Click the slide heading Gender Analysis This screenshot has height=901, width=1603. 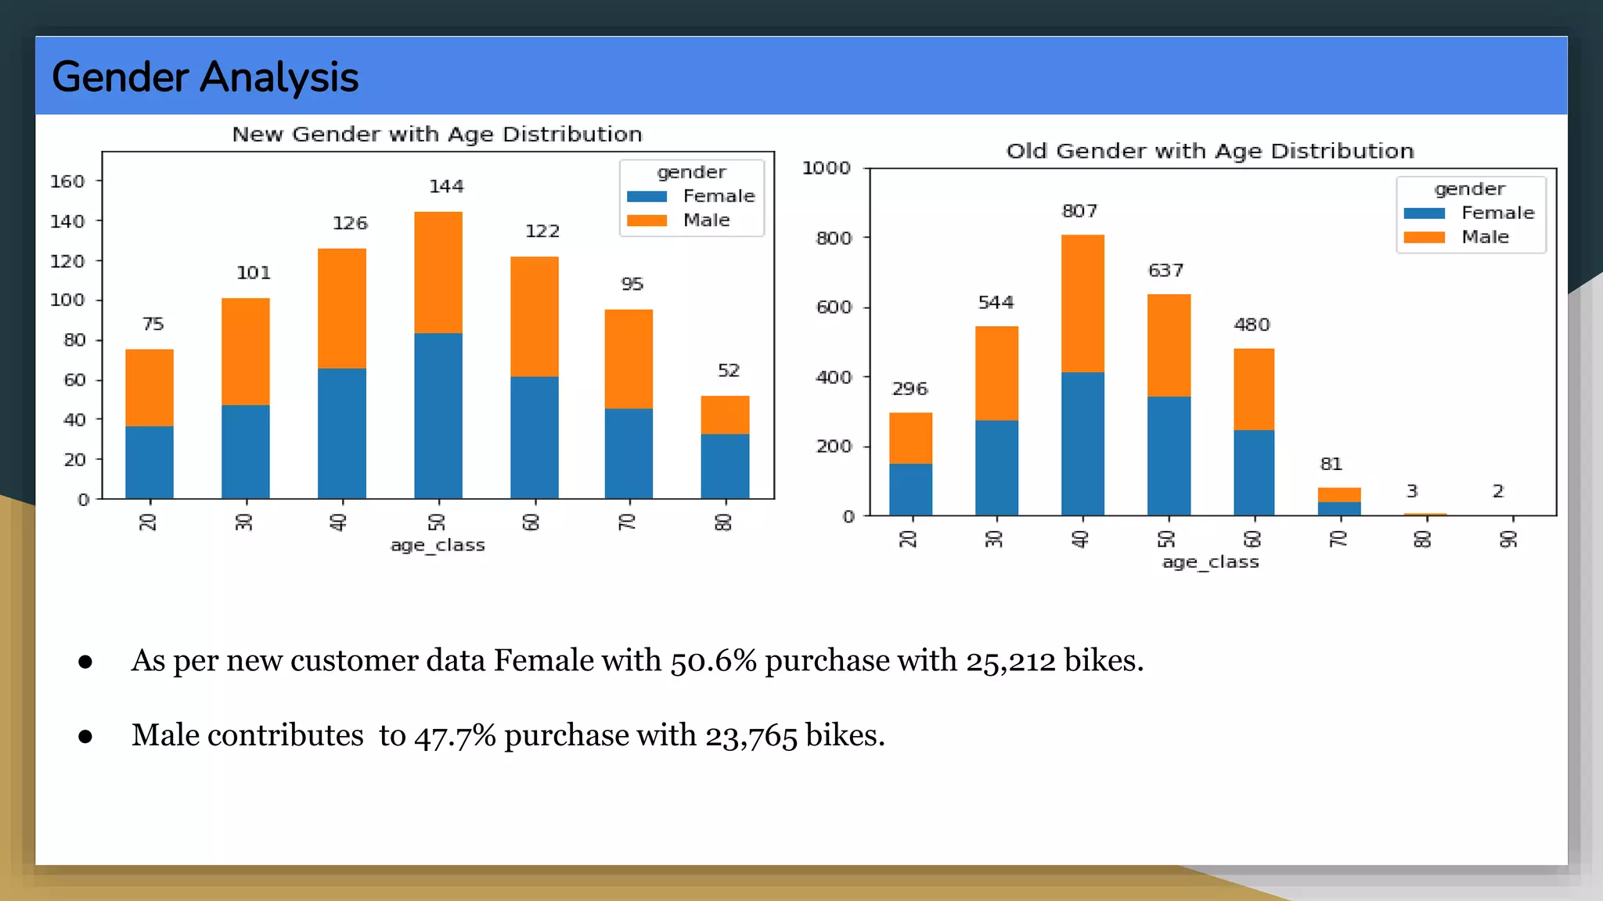point(205,77)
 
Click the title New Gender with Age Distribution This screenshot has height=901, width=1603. point(437,135)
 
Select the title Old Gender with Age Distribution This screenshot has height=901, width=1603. point(1210,151)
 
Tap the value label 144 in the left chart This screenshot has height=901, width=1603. point(446,186)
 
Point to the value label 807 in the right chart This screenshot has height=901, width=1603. point(1079,211)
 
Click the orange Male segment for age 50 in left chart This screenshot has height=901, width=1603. point(438,272)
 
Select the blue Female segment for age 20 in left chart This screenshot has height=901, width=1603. point(149,462)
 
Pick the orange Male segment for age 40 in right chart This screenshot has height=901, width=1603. point(1082,303)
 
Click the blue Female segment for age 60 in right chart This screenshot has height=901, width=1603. point(1254,472)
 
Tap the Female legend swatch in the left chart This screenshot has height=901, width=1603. point(647,196)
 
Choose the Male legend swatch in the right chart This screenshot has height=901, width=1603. point(1424,237)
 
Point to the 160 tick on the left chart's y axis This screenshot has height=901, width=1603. point(67,181)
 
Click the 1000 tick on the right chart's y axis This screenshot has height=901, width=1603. point(826,168)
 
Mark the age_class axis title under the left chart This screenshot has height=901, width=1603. point(438,545)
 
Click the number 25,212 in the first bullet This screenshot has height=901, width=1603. point(1010,661)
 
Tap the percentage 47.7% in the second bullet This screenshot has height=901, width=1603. point(455,736)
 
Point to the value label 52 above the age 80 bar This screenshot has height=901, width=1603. point(729,371)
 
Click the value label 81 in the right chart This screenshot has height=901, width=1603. point(1331,465)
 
